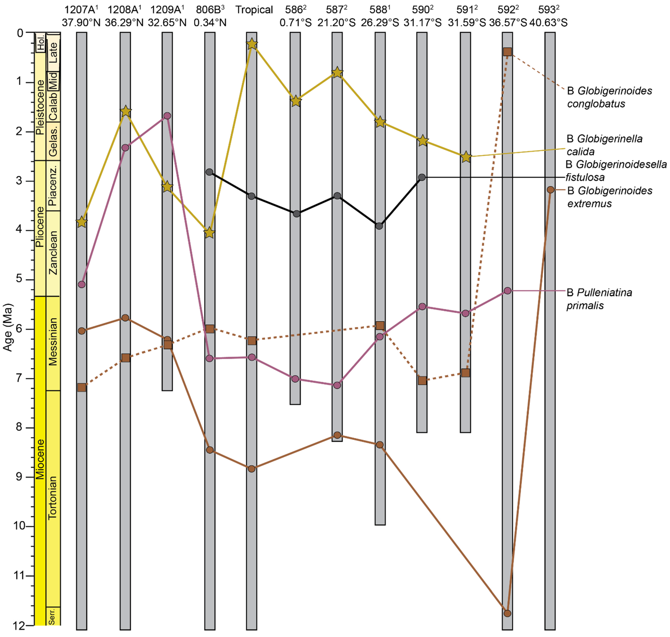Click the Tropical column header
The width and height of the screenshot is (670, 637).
(x=254, y=10)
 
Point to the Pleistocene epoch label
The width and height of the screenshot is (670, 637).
(x=40, y=107)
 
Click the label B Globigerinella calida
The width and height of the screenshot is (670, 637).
(x=605, y=145)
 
